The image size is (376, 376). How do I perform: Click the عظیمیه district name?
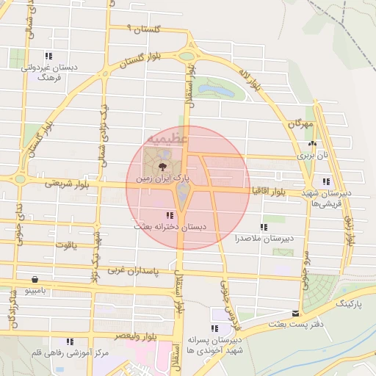tap(168, 137)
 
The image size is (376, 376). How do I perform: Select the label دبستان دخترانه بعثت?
tap(170, 227)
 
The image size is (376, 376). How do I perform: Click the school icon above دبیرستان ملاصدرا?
tap(264, 228)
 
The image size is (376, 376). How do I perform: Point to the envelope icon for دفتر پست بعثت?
tap(296, 313)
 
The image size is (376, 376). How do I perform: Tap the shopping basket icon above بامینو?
tap(35, 280)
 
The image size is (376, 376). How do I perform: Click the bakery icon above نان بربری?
tap(314, 144)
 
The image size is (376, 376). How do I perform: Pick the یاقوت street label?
tap(65, 245)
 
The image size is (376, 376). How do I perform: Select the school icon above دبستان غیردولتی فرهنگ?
tap(48, 55)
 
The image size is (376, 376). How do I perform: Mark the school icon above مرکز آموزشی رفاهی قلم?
tap(70, 341)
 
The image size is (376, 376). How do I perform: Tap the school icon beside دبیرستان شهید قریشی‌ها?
tap(326, 181)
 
